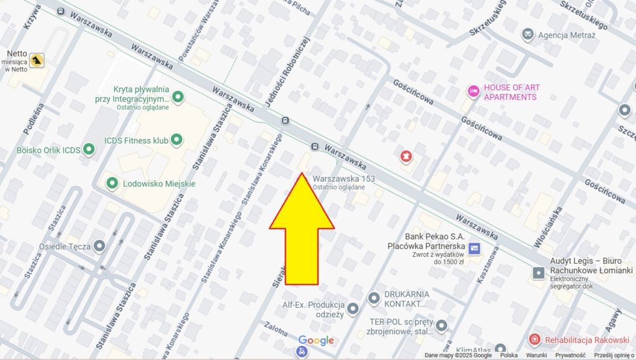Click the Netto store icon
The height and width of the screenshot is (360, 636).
click(x=38, y=60)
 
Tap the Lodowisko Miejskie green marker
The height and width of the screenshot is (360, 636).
click(x=112, y=183)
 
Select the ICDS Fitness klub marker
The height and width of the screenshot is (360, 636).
click(x=177, y=140)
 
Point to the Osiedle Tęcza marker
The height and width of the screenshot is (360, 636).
click(x=99, y=246)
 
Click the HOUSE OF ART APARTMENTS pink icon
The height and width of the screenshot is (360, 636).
click(x=473, y=92)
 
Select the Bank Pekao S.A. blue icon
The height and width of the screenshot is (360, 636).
click(x=475, y=248)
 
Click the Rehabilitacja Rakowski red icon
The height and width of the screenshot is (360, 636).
click(x=534, y=340)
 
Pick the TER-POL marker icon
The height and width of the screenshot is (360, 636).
click(x=441, y=325)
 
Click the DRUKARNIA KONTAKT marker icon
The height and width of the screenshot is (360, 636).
click(x=374, y=299)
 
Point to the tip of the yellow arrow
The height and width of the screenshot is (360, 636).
click(x=302, y=174)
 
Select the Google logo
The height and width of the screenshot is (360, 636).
click(x=316, y=340)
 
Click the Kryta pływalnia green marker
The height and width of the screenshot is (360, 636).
click(x=179, y=97)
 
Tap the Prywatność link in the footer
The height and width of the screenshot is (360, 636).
click(x=570, y=356)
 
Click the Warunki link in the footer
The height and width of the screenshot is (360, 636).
click(x=535, y=356)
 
